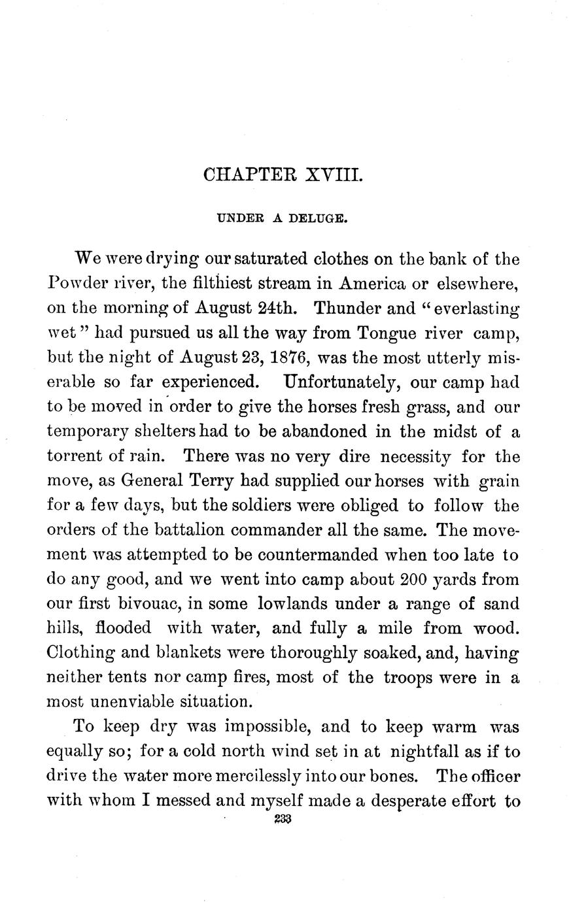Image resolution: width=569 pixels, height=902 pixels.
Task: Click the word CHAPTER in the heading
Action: (x=247, y=175)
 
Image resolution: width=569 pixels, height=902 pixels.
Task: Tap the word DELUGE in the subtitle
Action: (x=322, y=220)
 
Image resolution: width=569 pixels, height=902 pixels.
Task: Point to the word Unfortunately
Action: (x=350, y=382)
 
